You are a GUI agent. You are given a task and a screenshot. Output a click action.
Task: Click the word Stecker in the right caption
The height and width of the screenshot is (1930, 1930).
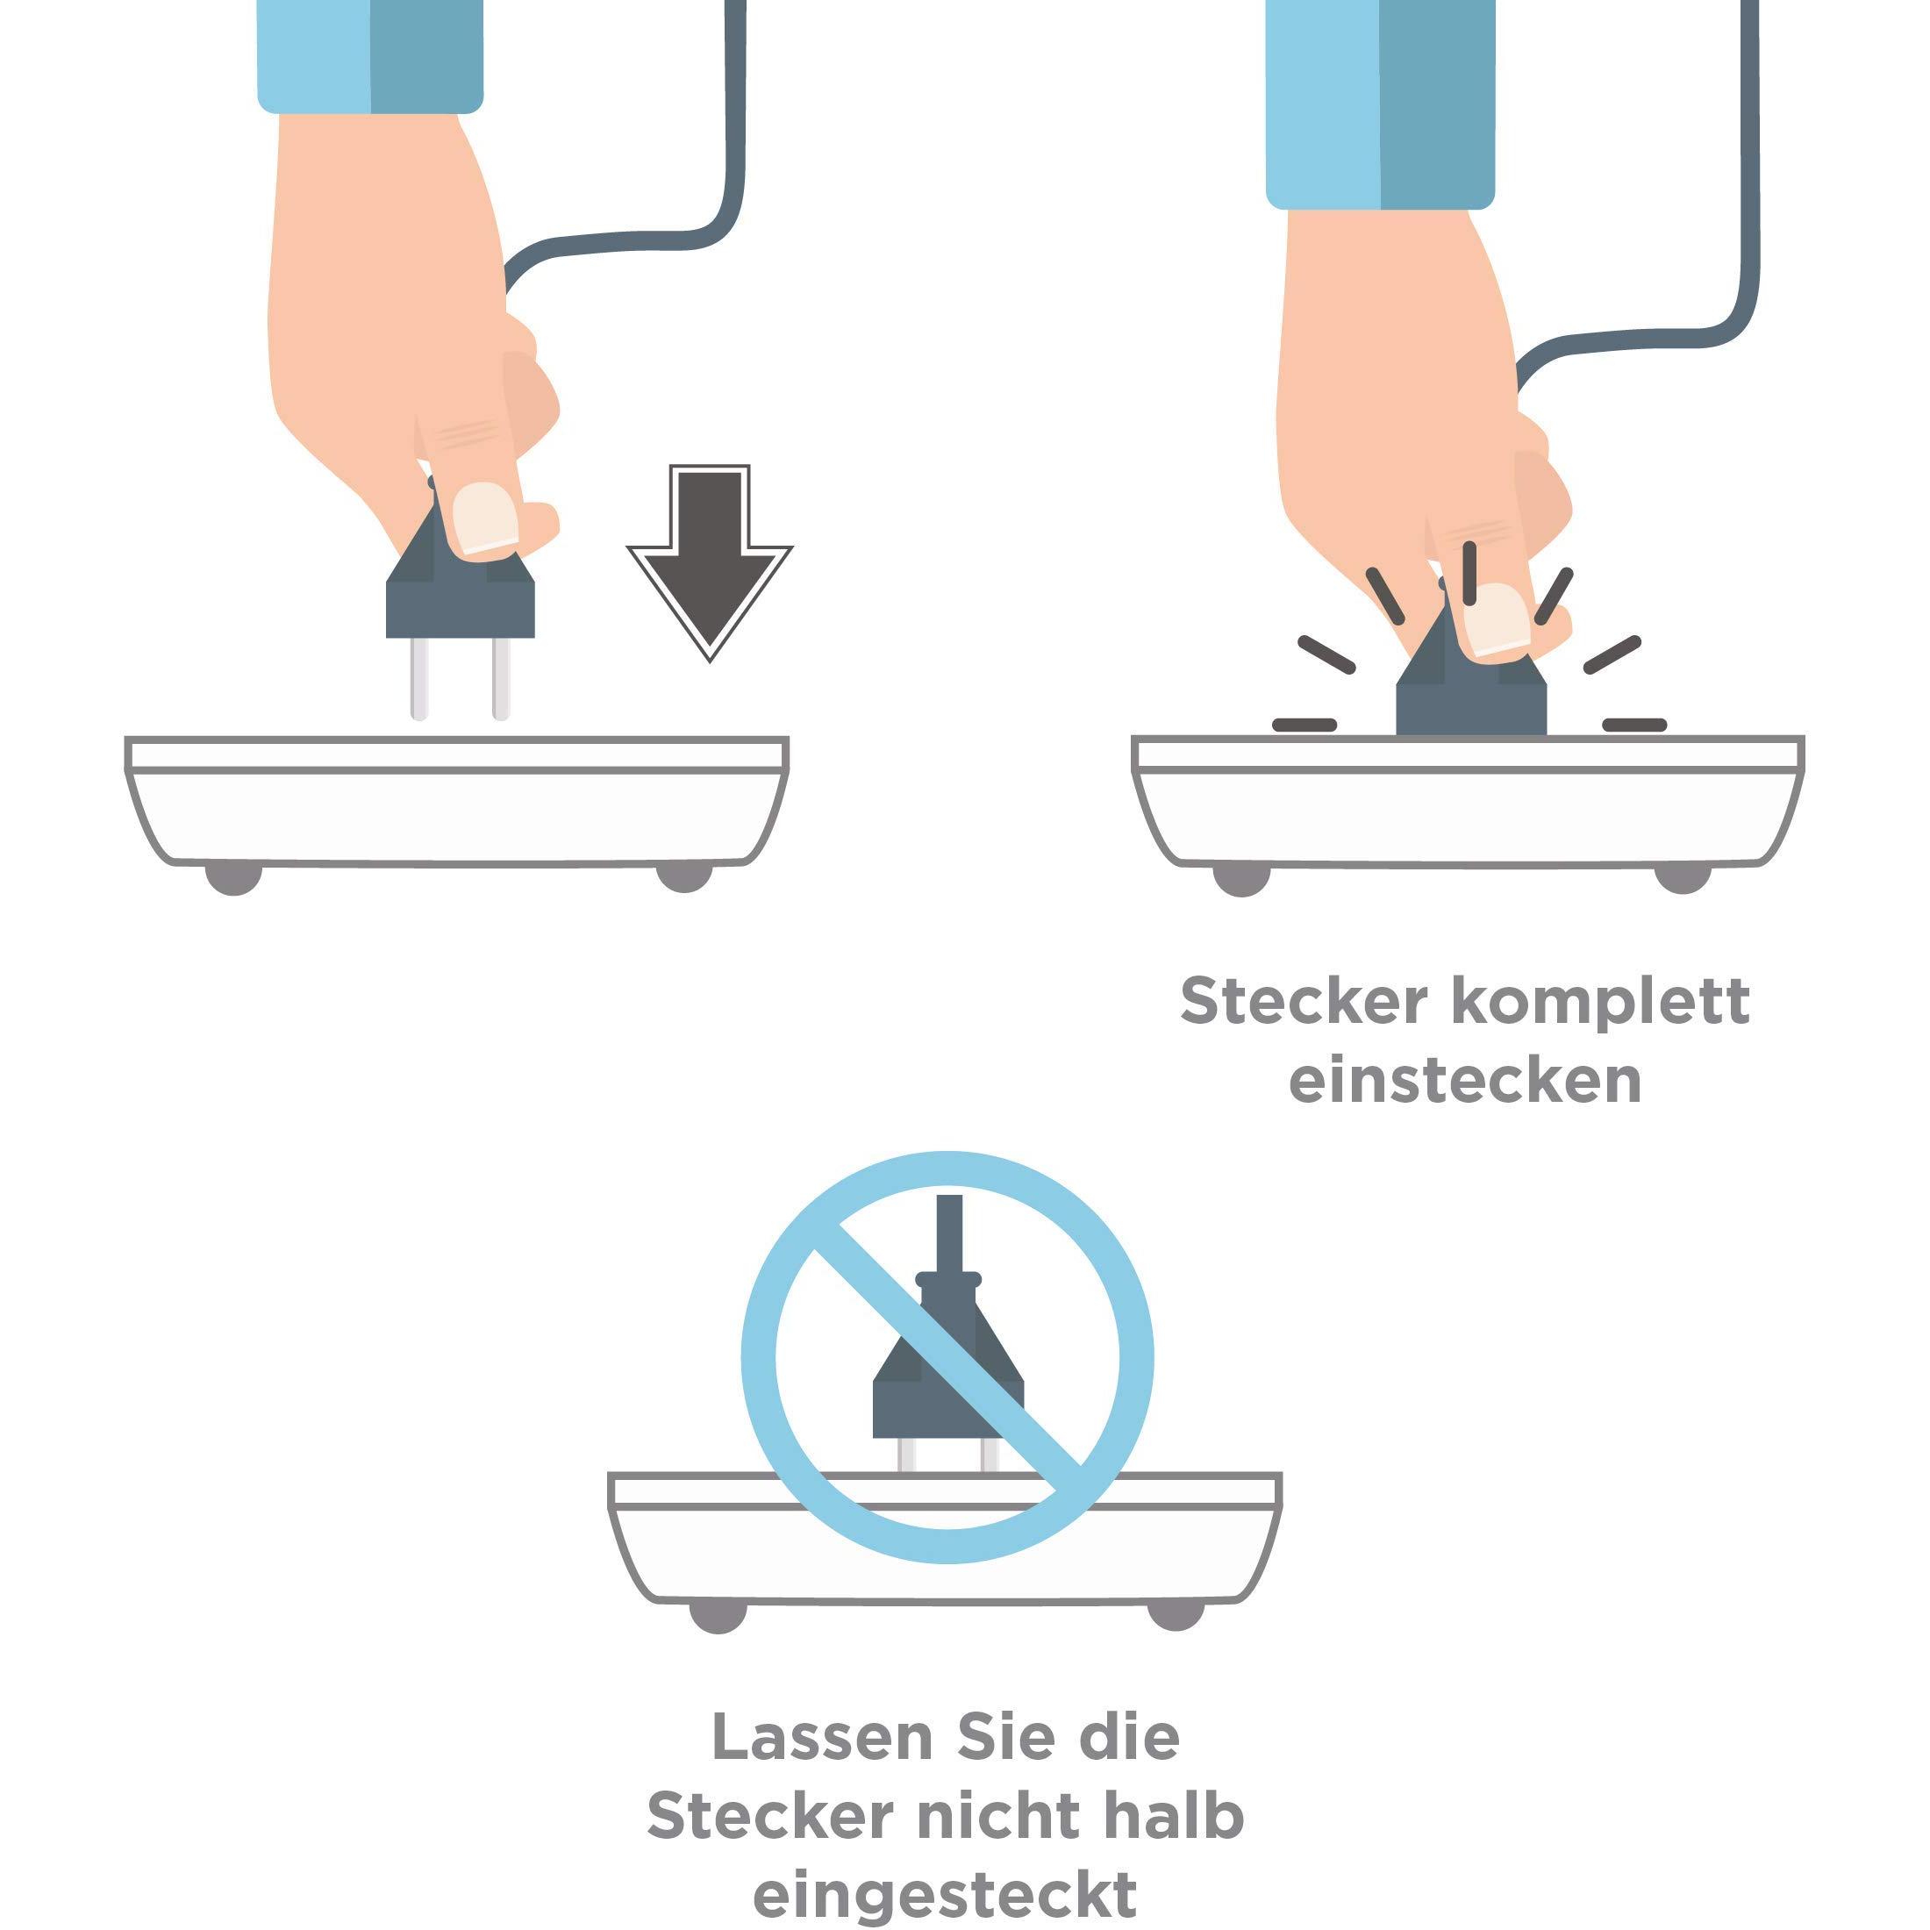coord(1304,1001)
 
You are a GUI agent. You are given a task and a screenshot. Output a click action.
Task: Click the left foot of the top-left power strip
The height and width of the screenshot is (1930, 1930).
coord(232,879)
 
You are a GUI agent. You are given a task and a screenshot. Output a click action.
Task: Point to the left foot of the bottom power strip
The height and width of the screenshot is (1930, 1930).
coord(718,1615)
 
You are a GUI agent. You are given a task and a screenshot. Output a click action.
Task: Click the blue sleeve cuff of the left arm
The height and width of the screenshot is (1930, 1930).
coord(369,55)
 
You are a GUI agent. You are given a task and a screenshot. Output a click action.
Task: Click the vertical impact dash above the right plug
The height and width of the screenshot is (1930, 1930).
coord(1469,572)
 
